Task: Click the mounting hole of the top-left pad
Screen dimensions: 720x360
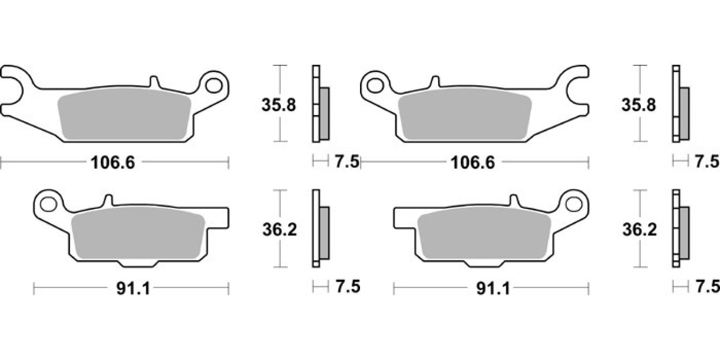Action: [x=214, y=86]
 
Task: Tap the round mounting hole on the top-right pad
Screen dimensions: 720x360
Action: [x=375, y=86]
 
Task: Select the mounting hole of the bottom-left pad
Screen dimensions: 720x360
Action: [x=48, y=204]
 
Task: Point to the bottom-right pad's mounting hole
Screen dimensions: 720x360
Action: [x=574, y=204]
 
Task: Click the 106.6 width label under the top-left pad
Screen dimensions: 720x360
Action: [x=113, y=162]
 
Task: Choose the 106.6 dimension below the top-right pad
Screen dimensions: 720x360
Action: [x=473, y=162]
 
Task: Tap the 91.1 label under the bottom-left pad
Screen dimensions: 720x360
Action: [x=133, y=288]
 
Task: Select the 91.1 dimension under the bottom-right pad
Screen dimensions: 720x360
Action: [x=493, y=288]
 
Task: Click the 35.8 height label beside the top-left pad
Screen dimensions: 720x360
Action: [x=278, y=105]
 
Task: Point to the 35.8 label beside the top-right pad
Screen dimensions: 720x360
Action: [x=638, y=105]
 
